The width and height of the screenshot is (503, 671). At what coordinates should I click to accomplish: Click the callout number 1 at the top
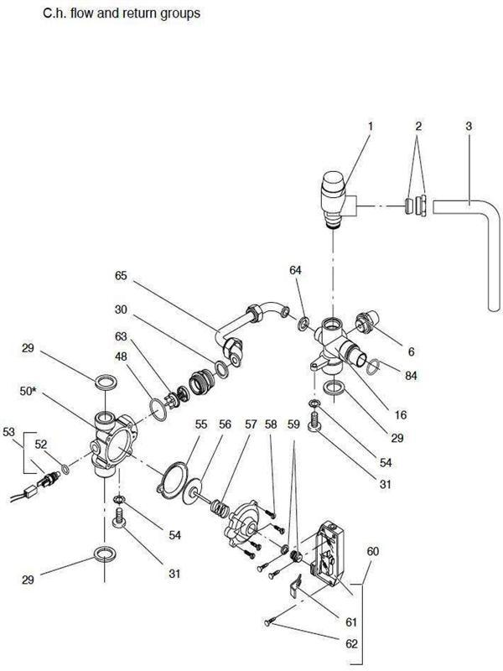click(x=370, y=127)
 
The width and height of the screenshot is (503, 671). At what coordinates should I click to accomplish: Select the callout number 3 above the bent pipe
click(x=469, y=127)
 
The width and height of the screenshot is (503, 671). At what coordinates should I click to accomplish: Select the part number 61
click(x=350, y=622)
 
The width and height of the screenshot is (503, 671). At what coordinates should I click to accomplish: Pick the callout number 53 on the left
click(x=9, y=431)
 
